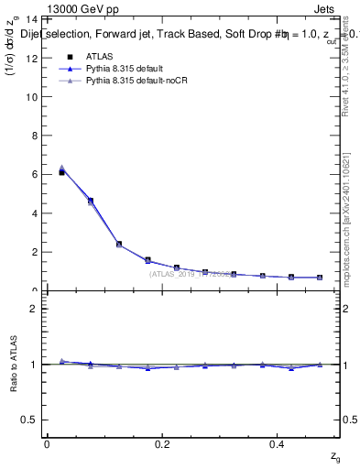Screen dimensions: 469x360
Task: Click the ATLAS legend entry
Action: pyautogui.click(x=100, y=56)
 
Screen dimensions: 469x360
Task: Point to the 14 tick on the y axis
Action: pyautogui.click(x=32, y=19)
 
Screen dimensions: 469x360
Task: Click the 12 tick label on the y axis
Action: pyautogui.click(x=32, y=58)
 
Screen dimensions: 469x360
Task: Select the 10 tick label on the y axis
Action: pyautogui.click(x=32, y=96)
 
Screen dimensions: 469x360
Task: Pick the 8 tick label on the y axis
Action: pyautogui.click(x=34, y=136)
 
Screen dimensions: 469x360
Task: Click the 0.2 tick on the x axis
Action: pyautogui.click(x=163, y=443)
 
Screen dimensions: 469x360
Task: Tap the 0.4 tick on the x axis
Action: pyautogui.click(x=279, y=443)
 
